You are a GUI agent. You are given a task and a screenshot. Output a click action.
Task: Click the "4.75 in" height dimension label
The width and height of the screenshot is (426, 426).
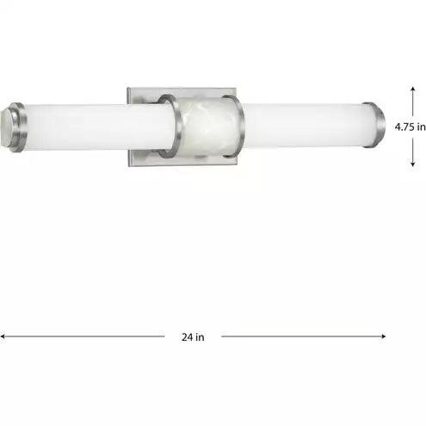410,127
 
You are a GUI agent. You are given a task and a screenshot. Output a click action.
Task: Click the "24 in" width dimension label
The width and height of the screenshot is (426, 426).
193,336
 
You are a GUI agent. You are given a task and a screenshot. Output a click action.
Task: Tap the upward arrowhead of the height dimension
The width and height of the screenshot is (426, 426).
413,89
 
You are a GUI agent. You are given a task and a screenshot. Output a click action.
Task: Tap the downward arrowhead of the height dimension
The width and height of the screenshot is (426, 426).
413,164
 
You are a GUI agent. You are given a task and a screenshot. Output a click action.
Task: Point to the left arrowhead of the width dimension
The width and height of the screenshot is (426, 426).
3,336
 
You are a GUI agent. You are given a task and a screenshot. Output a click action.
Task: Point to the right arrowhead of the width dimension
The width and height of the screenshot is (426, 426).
383,336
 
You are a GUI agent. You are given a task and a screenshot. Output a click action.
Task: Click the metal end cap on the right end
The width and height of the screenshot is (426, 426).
374,125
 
